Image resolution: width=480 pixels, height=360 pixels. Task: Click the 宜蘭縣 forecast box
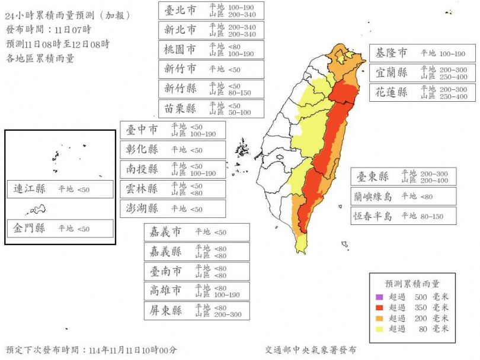(x=413, y=73)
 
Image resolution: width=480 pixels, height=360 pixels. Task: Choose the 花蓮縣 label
(x=413, y=92)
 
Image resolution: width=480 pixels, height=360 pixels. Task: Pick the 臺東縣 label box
(x=403, y=176)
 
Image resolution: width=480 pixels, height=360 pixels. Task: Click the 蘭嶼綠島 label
(x=403, y=196)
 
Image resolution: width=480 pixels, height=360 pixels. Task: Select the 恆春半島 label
(x=403, y=216)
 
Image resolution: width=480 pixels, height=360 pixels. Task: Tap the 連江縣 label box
(x=60, y=189)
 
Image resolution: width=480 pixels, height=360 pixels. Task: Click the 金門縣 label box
(x=60, y=229)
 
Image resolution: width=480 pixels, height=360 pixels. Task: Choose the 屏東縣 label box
(x=196, y=311)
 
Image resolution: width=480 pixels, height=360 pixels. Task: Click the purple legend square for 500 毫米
(x=379, y=297)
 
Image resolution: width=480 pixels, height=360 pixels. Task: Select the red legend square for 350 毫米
(x=379, y=308)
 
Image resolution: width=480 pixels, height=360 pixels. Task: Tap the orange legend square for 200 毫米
(x=379, y=319)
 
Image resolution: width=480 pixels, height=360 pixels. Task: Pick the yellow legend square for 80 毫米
(x=379, y=329)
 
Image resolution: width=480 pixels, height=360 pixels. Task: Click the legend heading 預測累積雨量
(x=412, y=284)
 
